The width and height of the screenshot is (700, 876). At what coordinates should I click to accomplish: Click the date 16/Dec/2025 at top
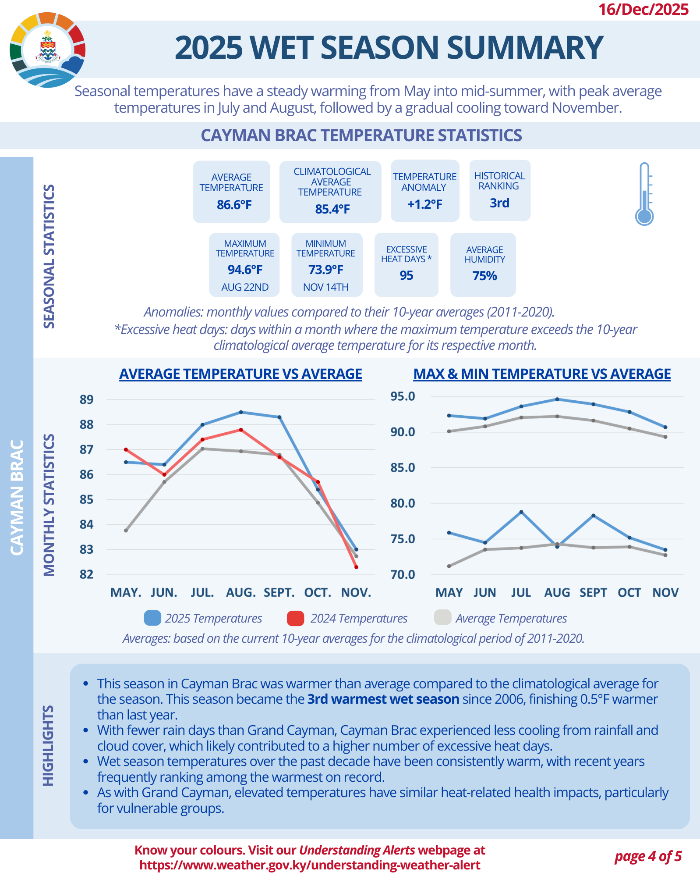tap(643, 9)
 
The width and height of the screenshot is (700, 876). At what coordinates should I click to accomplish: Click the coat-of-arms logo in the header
tap(48, 49)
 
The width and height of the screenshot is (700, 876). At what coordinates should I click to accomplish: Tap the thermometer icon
tap(644, 194)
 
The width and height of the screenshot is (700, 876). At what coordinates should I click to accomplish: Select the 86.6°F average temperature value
tap(234, 205)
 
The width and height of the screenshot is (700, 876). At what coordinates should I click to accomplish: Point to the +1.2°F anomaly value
tap(424, 204)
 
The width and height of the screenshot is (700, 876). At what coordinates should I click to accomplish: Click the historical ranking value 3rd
tap(499, 203)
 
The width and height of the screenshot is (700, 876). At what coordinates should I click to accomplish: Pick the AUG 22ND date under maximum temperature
tap(245, 287)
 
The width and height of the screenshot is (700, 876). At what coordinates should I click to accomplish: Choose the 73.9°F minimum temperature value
tap(325, 270)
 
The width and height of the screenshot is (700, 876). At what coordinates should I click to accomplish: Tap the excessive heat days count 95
tap(406, 275)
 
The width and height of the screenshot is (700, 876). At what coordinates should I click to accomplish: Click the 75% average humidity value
tap(484, 276)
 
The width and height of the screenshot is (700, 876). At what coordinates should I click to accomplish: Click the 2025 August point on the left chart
tap(241, 412)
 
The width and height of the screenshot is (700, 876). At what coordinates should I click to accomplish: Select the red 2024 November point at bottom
tap(356, 567)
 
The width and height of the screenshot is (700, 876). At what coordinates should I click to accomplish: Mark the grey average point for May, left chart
tap(126, 531)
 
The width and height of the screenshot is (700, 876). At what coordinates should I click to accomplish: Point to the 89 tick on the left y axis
tap(87, 399)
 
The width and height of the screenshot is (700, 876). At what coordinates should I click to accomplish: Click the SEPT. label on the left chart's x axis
tap(279, 593)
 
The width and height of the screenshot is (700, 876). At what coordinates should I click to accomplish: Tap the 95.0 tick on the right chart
tap(403, 396)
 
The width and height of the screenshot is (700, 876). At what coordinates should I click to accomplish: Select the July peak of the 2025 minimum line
tap(521, 512)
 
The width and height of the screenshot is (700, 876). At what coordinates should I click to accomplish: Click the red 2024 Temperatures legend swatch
tap(295, 618)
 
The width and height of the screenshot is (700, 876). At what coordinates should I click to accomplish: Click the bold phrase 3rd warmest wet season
tap(383, 699)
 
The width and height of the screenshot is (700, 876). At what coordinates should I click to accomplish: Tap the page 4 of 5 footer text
tap(648, 856)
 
